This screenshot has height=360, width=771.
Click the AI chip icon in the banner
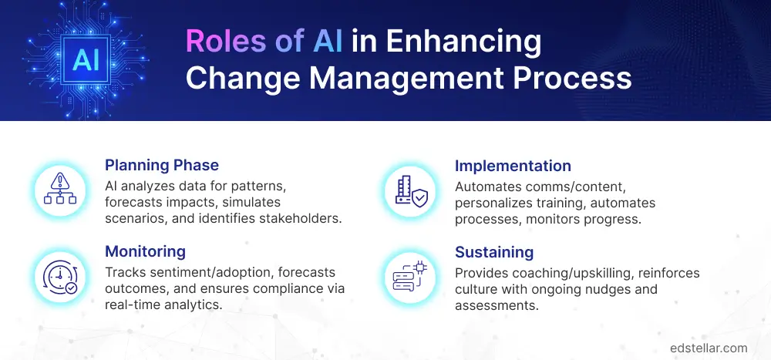86,60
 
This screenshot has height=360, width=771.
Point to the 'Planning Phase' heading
162,166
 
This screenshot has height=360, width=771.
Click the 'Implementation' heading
513,166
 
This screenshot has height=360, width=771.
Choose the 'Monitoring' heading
146,252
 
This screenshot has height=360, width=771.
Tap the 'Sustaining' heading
494,252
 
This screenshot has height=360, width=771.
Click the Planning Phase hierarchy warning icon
59,190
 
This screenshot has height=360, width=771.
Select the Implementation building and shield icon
409,190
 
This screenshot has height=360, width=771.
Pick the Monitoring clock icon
59,276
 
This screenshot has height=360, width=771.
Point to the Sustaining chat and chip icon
409,276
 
